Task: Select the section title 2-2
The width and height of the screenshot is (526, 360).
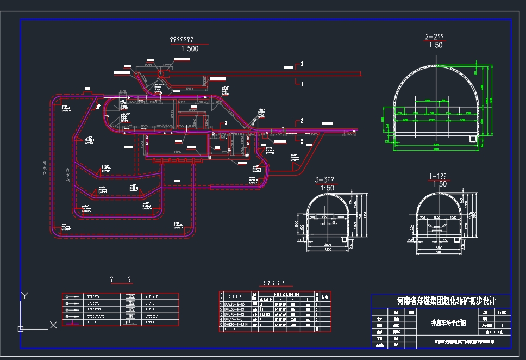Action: tap(434, 37)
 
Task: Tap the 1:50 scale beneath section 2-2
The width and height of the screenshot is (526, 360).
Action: tap(435, 45)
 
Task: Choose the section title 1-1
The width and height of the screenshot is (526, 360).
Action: tap(437, 177)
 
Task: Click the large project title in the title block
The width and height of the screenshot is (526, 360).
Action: tap(446, 301)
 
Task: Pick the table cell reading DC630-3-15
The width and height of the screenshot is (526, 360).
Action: tap(235, 305)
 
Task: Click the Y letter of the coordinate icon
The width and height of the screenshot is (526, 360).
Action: tap(24, 295)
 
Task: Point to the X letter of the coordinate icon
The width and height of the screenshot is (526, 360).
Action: tap(53, 325)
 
